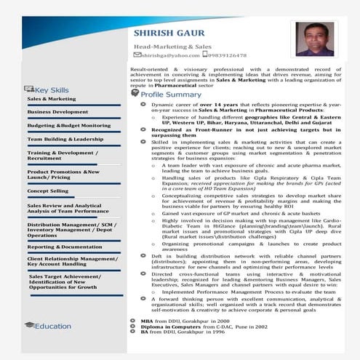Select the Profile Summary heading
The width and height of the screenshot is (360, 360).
pyautogui.click(x=171, y=95)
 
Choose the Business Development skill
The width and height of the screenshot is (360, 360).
pyautogui.click(x=57, y=112)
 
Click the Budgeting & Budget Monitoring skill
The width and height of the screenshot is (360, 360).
pyautogui.click(x=68, y=125)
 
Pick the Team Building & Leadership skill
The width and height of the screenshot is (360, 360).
pyautogui.click(x=65, y=138)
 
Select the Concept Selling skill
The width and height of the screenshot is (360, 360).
pyautogui.click(x=47, y=191)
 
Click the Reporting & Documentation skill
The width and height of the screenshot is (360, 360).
pyautogui.click(x=65, y=247)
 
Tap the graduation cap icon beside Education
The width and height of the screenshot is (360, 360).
pyautogui.click(x=28, y=326)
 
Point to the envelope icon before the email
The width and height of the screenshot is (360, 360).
pyautogui.click(x=137, y=55)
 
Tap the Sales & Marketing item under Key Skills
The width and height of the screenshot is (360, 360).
pyautogui.click(x=51, y=98)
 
